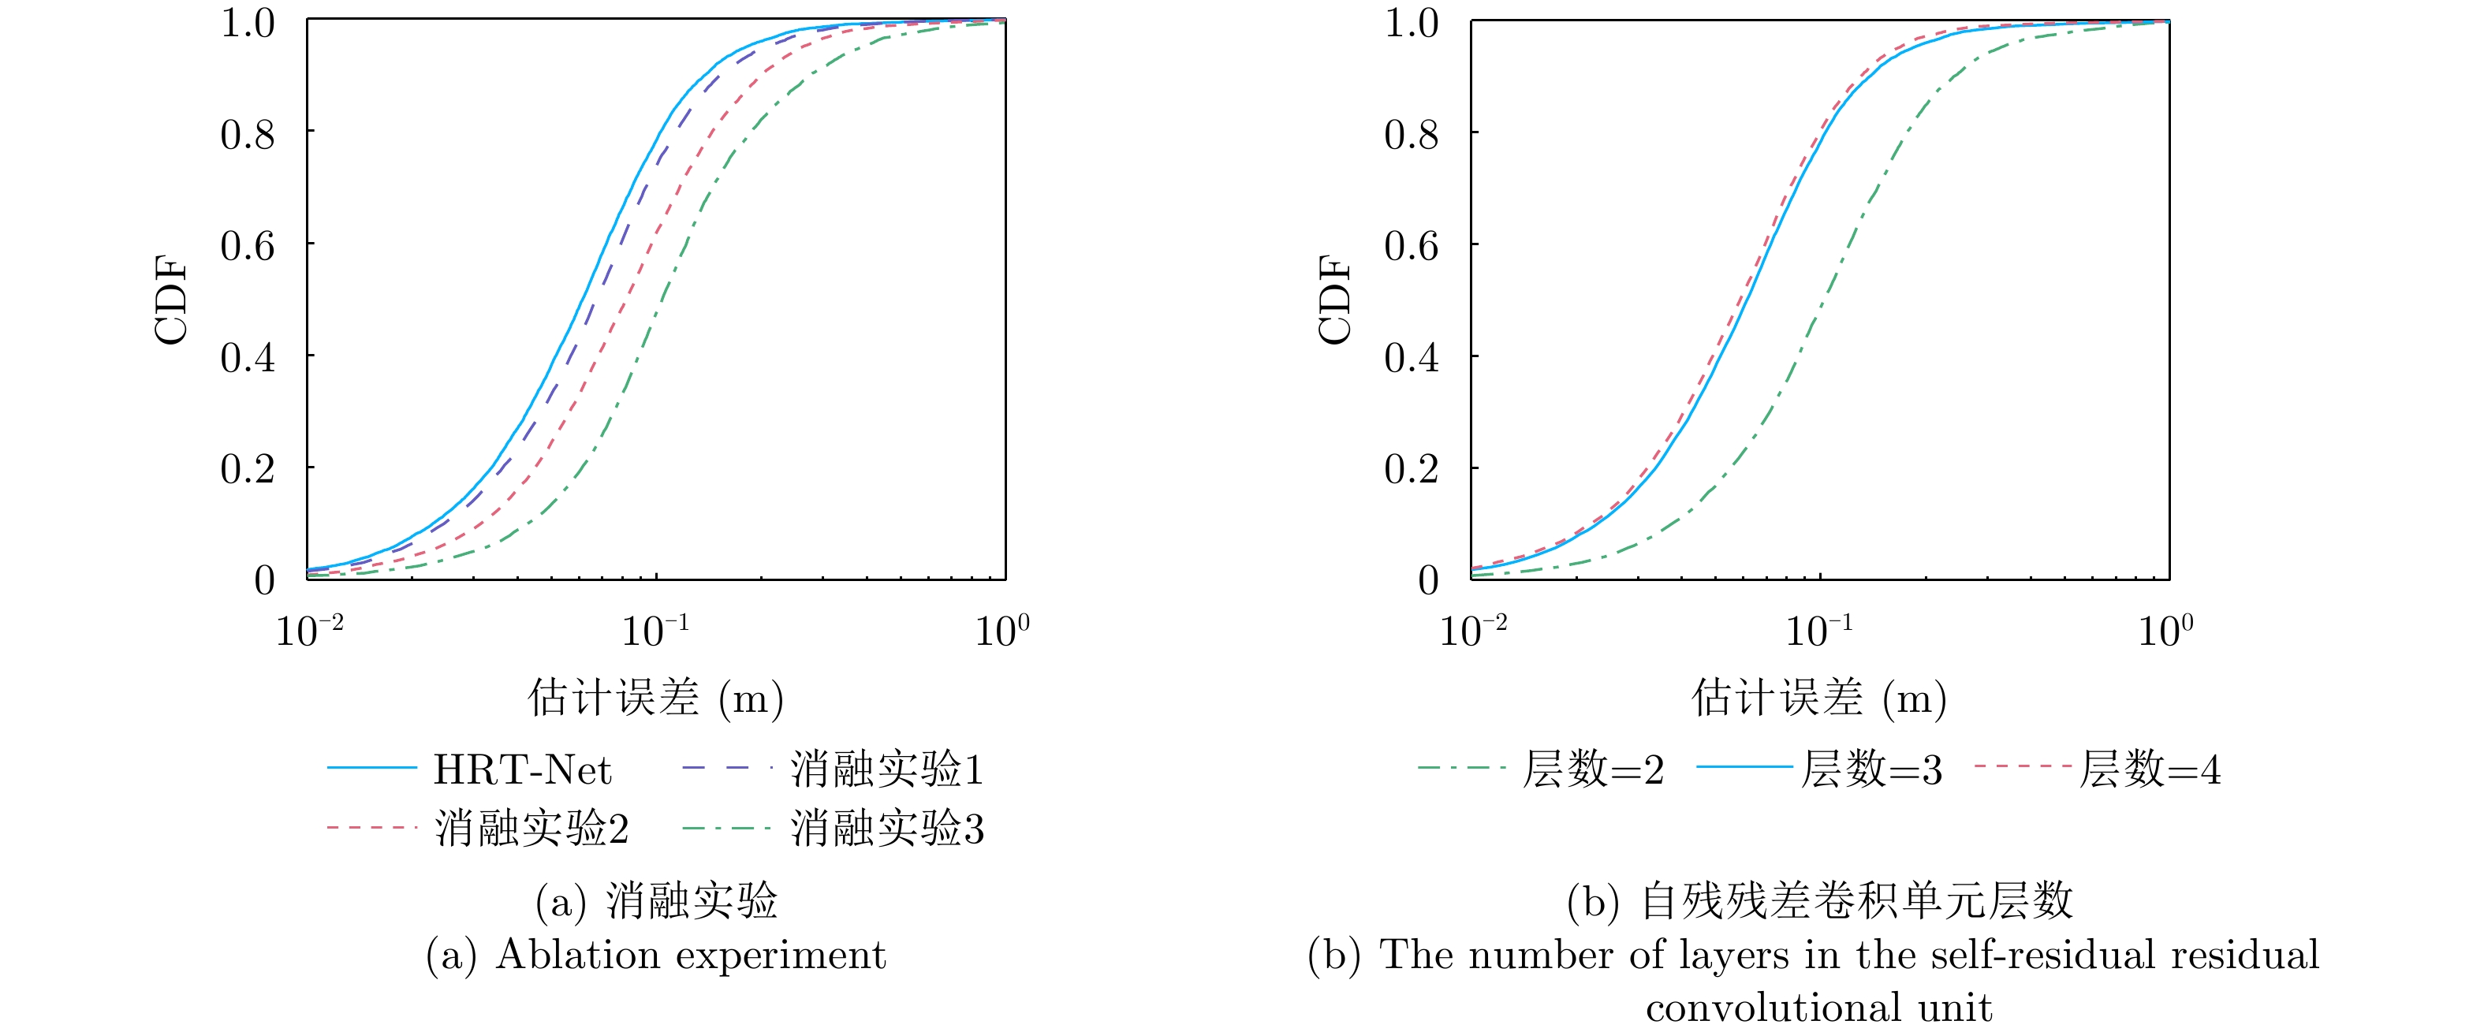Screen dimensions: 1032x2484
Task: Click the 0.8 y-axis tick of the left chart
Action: (248, 134)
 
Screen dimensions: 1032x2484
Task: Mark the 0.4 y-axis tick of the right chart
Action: (1412, 358)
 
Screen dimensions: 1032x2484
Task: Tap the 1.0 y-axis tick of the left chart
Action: (248, 23)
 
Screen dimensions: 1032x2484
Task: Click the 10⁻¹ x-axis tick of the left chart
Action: (656, 631)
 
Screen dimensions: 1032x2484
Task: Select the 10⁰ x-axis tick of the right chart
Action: (2165, 631)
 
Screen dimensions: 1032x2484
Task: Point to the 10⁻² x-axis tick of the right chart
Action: (1472, 631)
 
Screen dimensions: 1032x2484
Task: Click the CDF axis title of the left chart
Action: (172, 299)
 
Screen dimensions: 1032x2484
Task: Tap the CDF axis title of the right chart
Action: (1336, 299)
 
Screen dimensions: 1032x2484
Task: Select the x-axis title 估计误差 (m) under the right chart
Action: (1818, 697)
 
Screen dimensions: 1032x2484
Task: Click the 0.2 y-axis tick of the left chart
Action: (248, 469)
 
